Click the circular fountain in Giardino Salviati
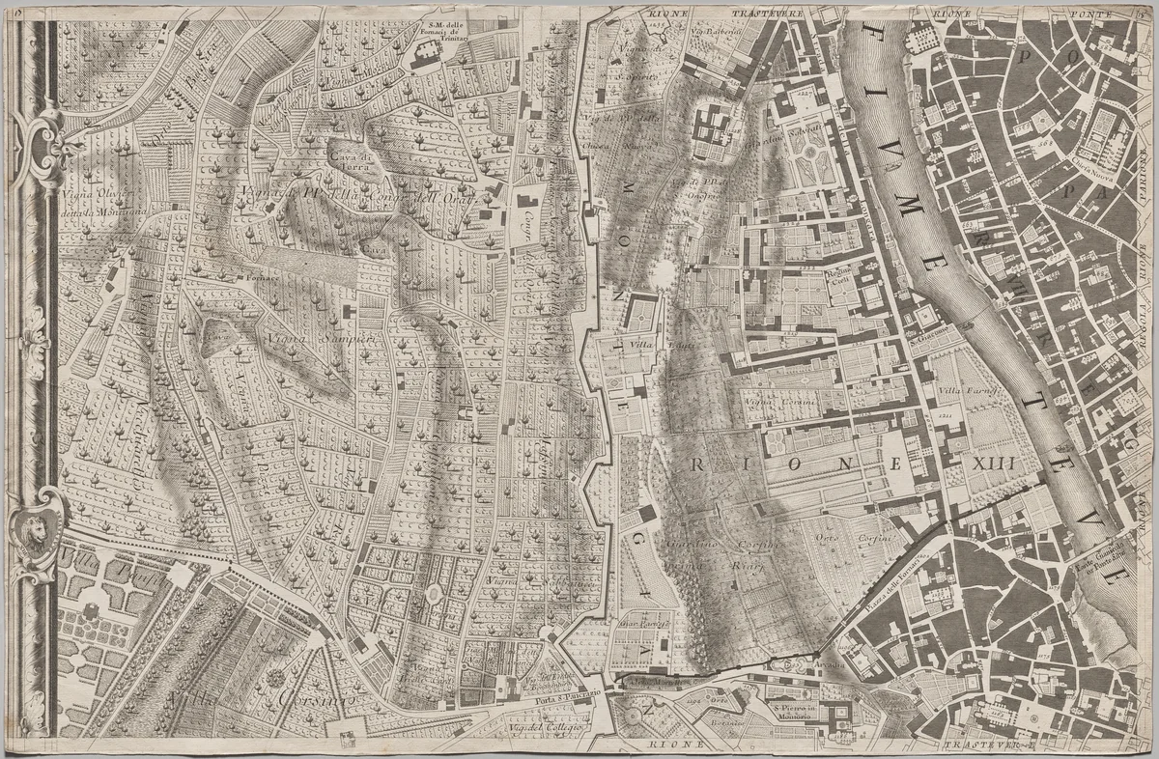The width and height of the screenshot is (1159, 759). pyautogui.click(x=807, y=153)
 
